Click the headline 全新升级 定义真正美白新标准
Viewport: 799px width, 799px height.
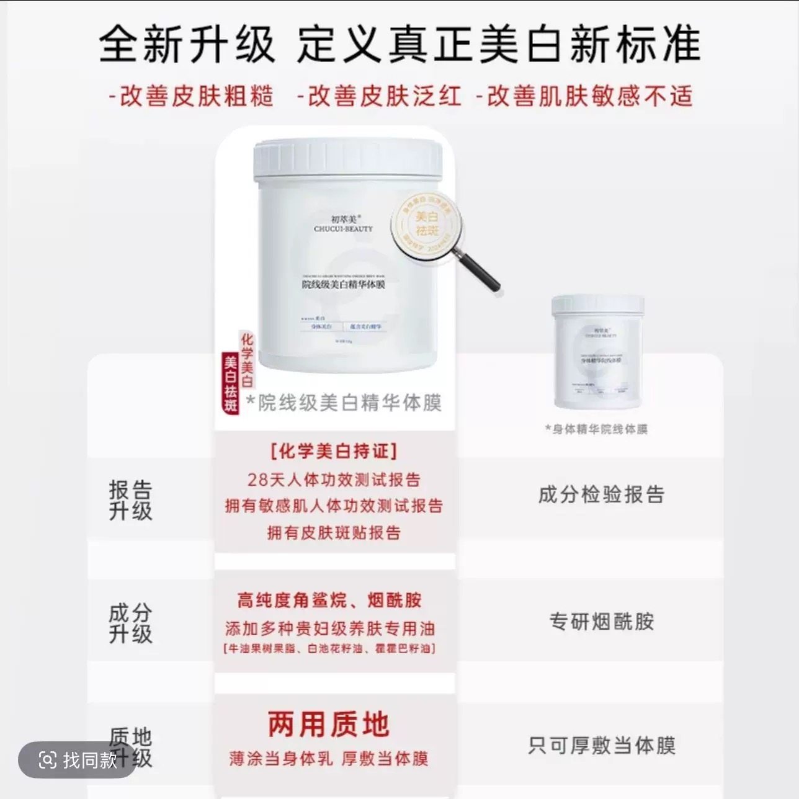click(399, 45)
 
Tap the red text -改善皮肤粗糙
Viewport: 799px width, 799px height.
click(191, 97)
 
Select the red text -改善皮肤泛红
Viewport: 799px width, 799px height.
click(379, 97)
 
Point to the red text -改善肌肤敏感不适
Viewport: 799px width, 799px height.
click(584, 97)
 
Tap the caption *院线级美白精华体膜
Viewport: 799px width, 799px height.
click(344, 403)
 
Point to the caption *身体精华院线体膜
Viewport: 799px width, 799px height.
click(596, 429)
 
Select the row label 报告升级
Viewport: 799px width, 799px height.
click(130, 500)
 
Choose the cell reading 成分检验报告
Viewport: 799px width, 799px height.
click(601, 494)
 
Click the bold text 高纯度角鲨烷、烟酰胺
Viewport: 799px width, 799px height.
click(329, 600)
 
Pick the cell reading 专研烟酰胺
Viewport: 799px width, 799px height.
click(601, 622)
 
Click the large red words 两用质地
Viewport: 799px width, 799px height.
click(329, 725)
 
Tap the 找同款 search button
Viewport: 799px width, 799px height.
click(78, 759)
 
